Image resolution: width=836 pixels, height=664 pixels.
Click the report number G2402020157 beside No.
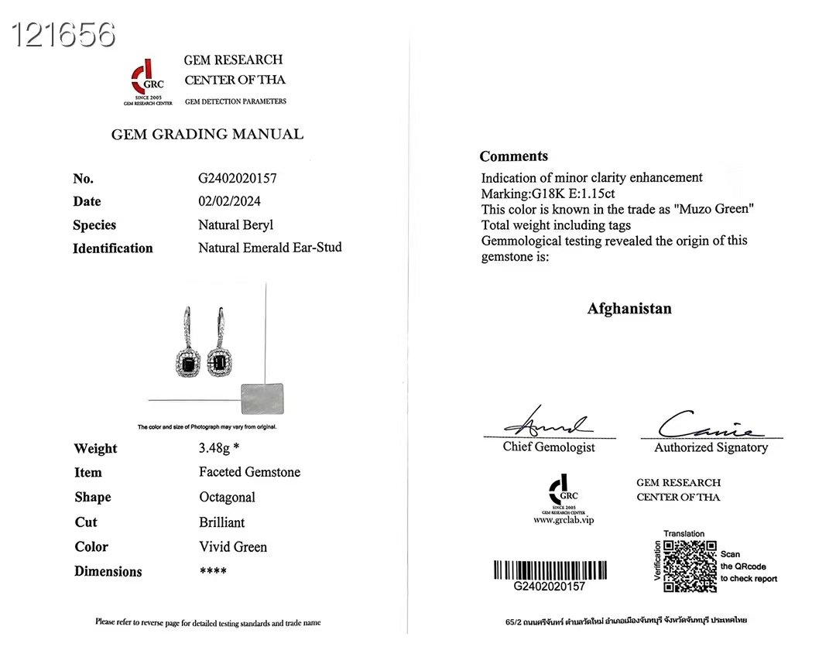pyautogui.click(x=238, y=178)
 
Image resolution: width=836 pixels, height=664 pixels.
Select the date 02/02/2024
pyautogui.click(x=230, y=201)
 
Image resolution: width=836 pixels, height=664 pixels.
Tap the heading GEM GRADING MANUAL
pyautogui.click(x=207, y=134)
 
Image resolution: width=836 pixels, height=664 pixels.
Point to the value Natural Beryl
pyautogui.click(x=236, y=225)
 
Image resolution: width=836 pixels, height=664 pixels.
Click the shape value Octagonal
pyautogui.click(x=227, y=497)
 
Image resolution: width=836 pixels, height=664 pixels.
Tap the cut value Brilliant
pyautogui.click(x=222, y=522)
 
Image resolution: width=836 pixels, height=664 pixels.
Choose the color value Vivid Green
pyautogui.click(x=233, y=547)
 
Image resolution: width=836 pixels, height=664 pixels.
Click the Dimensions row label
pyautogui.click(x=108, y=572)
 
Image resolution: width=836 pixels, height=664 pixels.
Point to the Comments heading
pyautogui.click(x=514, y=156)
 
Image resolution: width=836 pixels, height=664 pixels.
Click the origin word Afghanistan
pyautogui.click(x=629, y=309)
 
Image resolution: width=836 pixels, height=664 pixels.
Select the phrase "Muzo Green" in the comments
pyautogui.click(x=717, y=209)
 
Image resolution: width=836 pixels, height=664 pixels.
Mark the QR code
pyautogui.click(x=690, y=566)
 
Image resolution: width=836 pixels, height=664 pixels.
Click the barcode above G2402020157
pyautogui.click(x=550, y=570)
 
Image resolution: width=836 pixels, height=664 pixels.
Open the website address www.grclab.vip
pyautogui.click(x=564, y=520)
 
